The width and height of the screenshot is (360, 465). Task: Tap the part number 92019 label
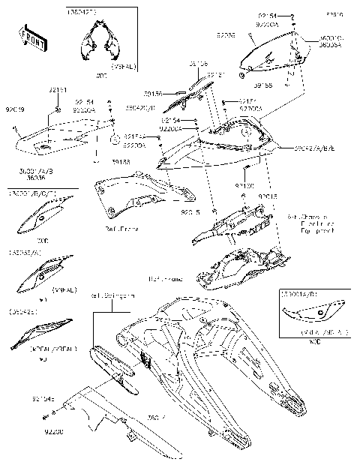[x=14, y=109]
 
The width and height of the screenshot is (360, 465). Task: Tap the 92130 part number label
[x=244, y=184]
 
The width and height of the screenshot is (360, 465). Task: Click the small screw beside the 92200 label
[x=46, y=416]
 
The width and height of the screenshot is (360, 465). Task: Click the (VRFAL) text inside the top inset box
[x=122, y=67]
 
